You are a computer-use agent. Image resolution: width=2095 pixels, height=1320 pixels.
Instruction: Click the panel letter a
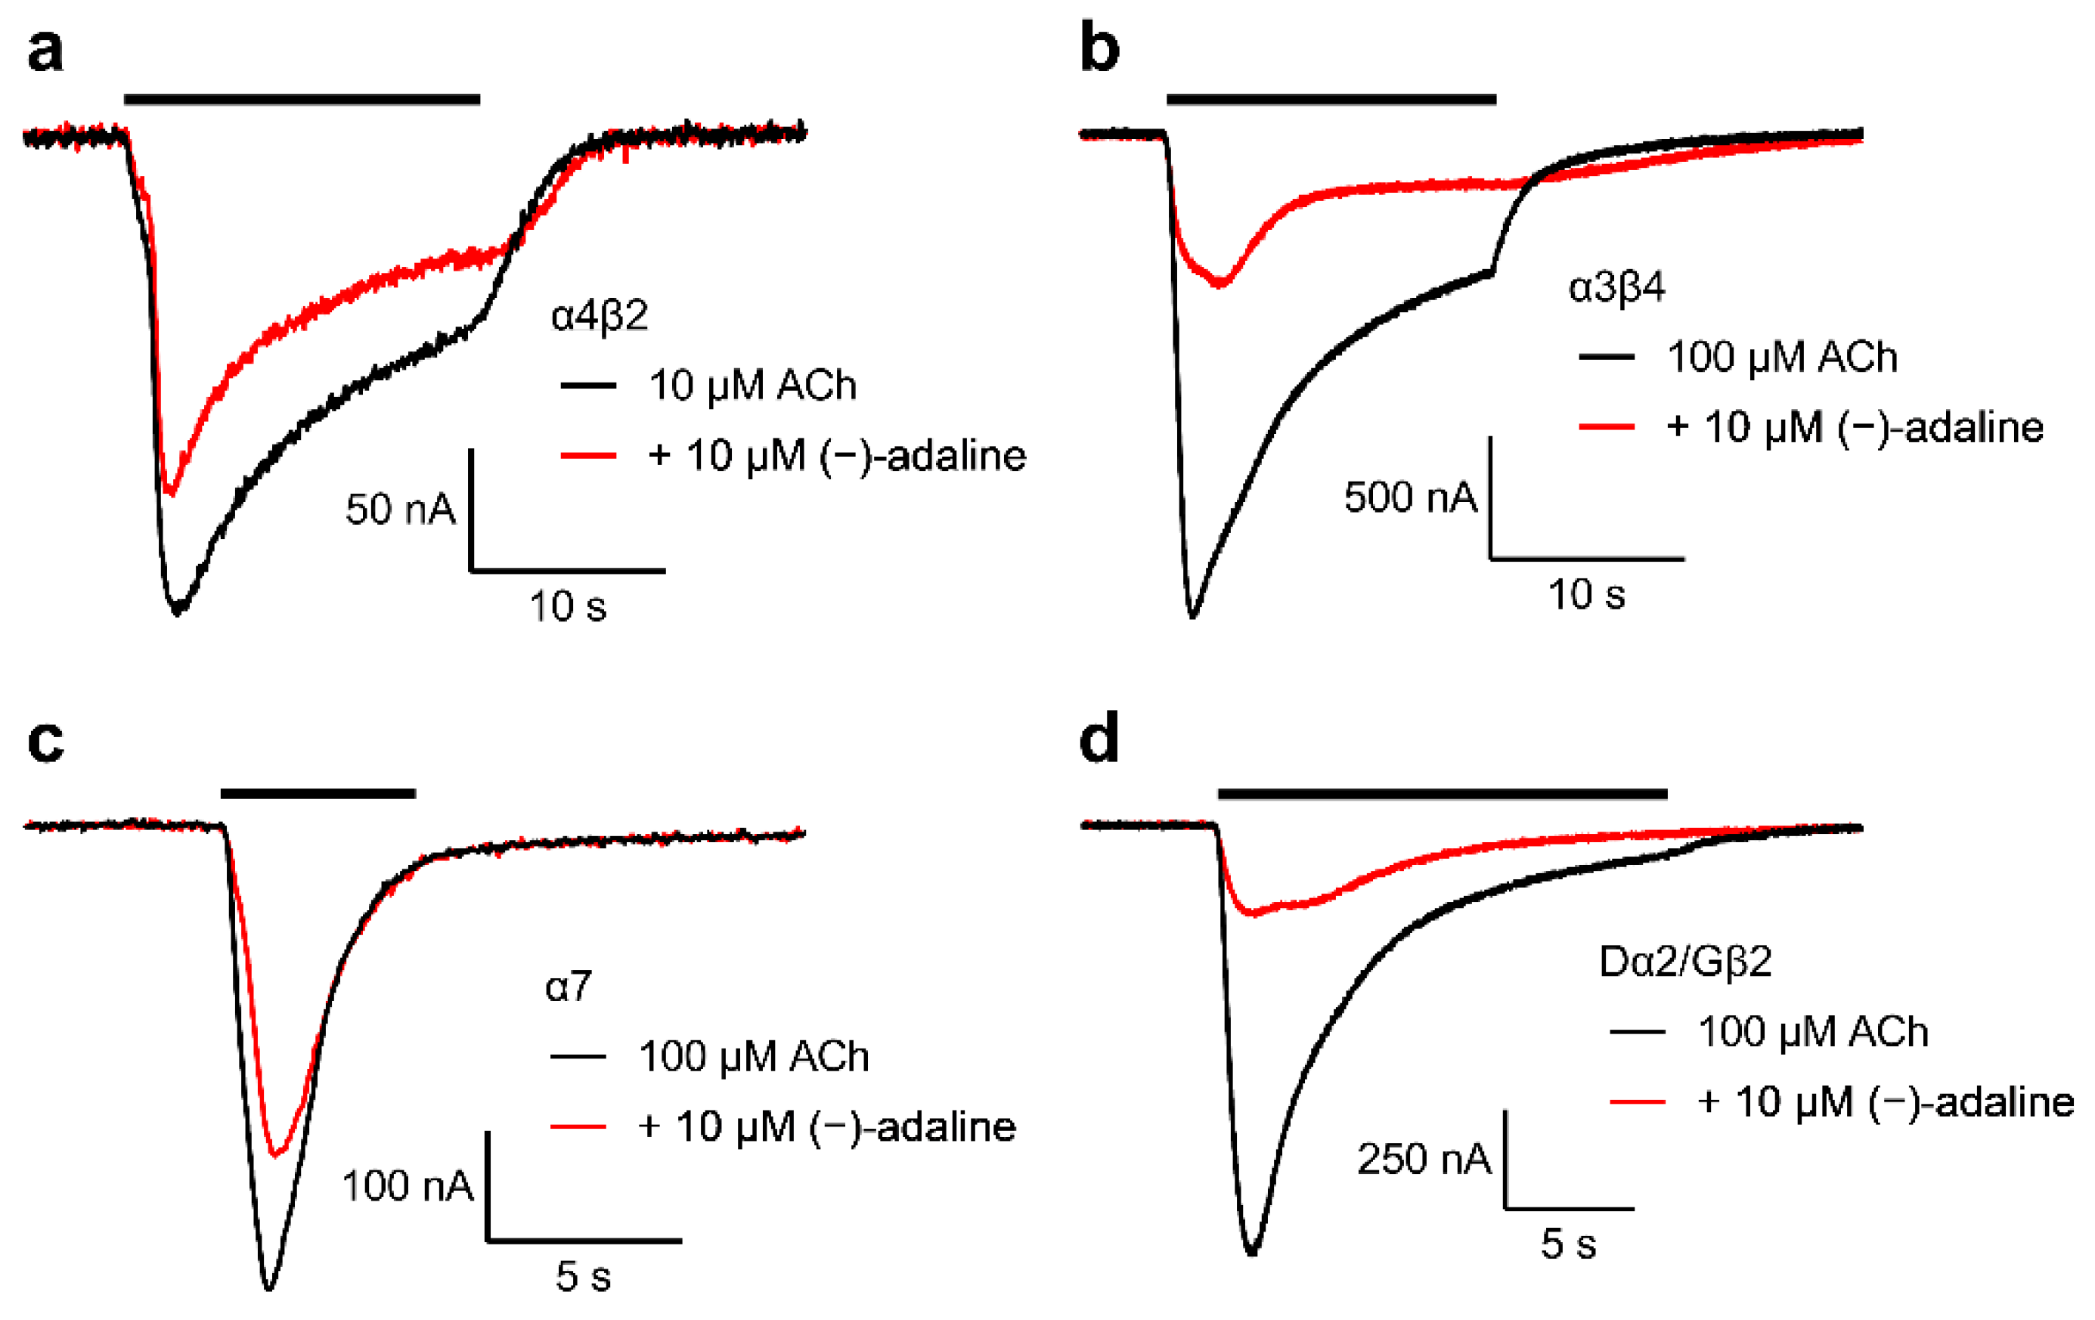click(x=45, y=51)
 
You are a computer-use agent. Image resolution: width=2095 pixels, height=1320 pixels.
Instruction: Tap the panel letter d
click(x=1099, y=740)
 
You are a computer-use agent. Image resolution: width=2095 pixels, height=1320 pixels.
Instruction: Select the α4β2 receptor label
click(x=600, y=315)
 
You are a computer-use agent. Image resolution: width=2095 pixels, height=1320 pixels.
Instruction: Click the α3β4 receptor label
click(x=1616, y=287)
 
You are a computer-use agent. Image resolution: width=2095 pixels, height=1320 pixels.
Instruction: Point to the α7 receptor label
click(x=568, y=987)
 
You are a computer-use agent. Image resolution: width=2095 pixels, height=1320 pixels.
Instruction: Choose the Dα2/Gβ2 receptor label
click(x=1685, y=962)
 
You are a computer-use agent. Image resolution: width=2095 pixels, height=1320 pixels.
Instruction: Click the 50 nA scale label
click(x=400, y=509)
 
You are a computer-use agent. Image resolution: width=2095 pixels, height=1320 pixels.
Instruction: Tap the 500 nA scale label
click(x=1410, y=497)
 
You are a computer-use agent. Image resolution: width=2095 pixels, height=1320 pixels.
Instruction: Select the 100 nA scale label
click(x=408, y=1186)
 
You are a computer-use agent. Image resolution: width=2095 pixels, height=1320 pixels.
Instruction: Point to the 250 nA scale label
click(x=1424, y=1159)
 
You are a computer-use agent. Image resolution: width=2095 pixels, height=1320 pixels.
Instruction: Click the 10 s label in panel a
click(x=567, y=606)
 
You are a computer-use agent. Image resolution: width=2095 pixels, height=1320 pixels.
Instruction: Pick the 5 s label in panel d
click(x=1569, y=1244)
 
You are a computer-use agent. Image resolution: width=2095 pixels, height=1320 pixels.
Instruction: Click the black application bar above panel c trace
click(x=318, y=793)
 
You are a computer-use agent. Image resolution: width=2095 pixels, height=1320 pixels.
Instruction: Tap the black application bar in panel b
click(x=1331, y=99)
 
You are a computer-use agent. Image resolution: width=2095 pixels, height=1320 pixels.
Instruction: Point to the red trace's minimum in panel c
click(x=277, y=1154)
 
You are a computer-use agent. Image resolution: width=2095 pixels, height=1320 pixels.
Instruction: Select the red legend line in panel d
click(x=1638, y=1102)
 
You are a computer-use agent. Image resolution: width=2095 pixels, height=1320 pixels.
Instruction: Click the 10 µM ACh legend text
click(x=752, y=386)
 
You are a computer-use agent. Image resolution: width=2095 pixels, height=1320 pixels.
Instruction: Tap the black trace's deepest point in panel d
click(x=1252, y=1252)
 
